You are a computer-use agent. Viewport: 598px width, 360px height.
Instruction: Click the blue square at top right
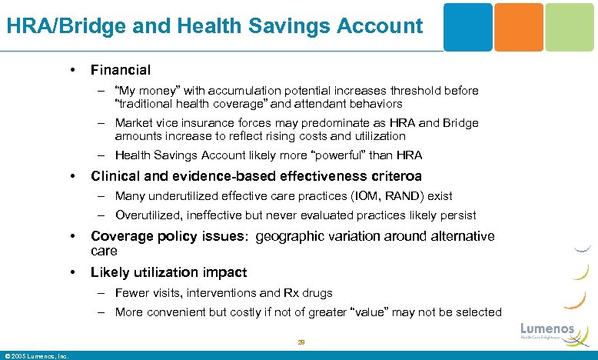click(x=468, y=27)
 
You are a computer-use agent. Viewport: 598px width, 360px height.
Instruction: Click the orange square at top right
click(x=518, y=27)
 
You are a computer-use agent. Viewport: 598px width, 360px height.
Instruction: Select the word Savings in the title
click(x=288, y=26)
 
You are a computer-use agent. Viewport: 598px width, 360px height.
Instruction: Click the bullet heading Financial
click(x=121, y=70)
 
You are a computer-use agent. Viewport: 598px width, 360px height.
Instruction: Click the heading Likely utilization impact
click(x=168, y=272)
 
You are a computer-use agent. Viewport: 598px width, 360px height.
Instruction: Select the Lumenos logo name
click(x=547, y=329)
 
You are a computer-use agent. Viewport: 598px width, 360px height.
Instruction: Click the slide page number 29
click(x=301, y=343)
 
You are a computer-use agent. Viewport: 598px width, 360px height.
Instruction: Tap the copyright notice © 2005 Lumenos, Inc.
click(x=37, y=355)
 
